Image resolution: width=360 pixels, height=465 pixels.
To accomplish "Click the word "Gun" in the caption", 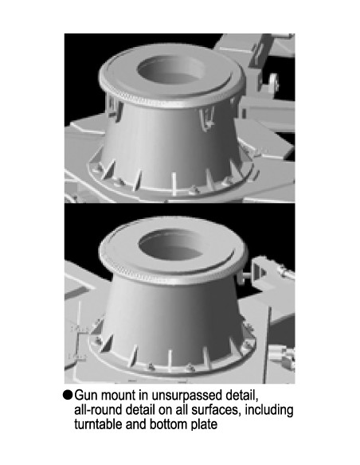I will pyautogui.click(x=87, y=396).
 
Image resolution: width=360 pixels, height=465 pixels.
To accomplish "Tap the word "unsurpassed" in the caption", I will pyautogui.click(x=166, y=396).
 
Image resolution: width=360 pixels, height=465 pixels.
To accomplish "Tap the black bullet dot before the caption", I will pyautogui.click(x=68, y=396).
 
